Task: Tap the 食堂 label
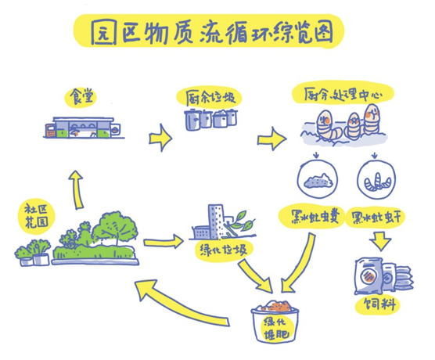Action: coord(81,96)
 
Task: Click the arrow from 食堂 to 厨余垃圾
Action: coord(160,138)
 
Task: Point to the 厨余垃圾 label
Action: coord(210,99)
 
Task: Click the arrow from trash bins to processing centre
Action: coord(271,139)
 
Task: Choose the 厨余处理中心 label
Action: coord(343,95)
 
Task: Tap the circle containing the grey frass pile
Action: coord(318,179)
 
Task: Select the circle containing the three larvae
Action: coord(376,179)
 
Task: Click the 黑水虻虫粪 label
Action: coord(315,217)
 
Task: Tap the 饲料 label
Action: coord(379,304)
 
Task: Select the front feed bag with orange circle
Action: coord(368,275)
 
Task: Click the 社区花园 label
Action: coord(37,216)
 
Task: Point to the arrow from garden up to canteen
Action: coord(77,189)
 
